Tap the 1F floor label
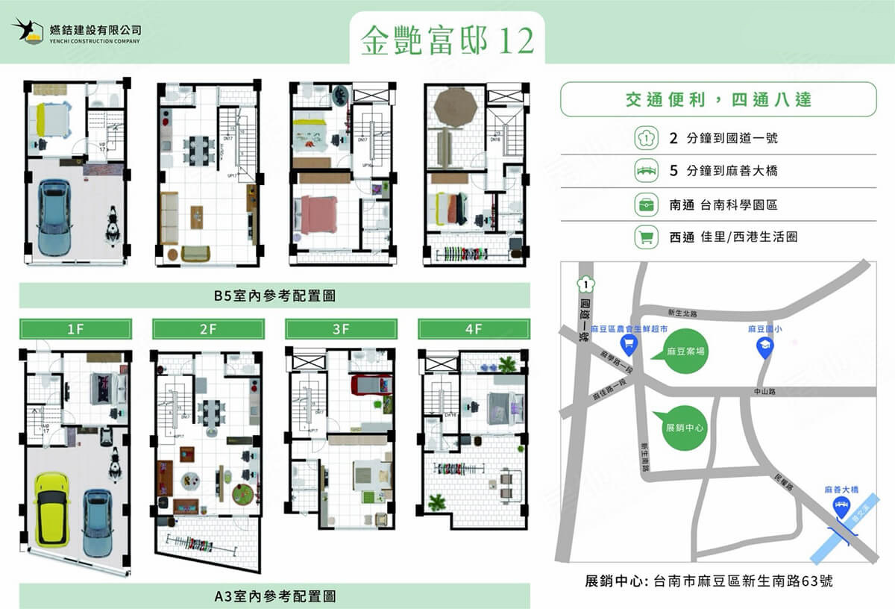[x=75, y=328]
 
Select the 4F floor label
[x=474, y=328]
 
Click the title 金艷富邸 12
[x=447, y=41]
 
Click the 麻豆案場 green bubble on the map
[x=683, y=349]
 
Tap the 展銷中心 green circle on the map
[x=684, y=428]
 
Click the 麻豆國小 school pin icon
[x=764, y=346]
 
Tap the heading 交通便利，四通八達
[x=718, y=100]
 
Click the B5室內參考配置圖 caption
[x=274, y=296]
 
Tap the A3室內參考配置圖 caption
[x=274, y=596]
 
